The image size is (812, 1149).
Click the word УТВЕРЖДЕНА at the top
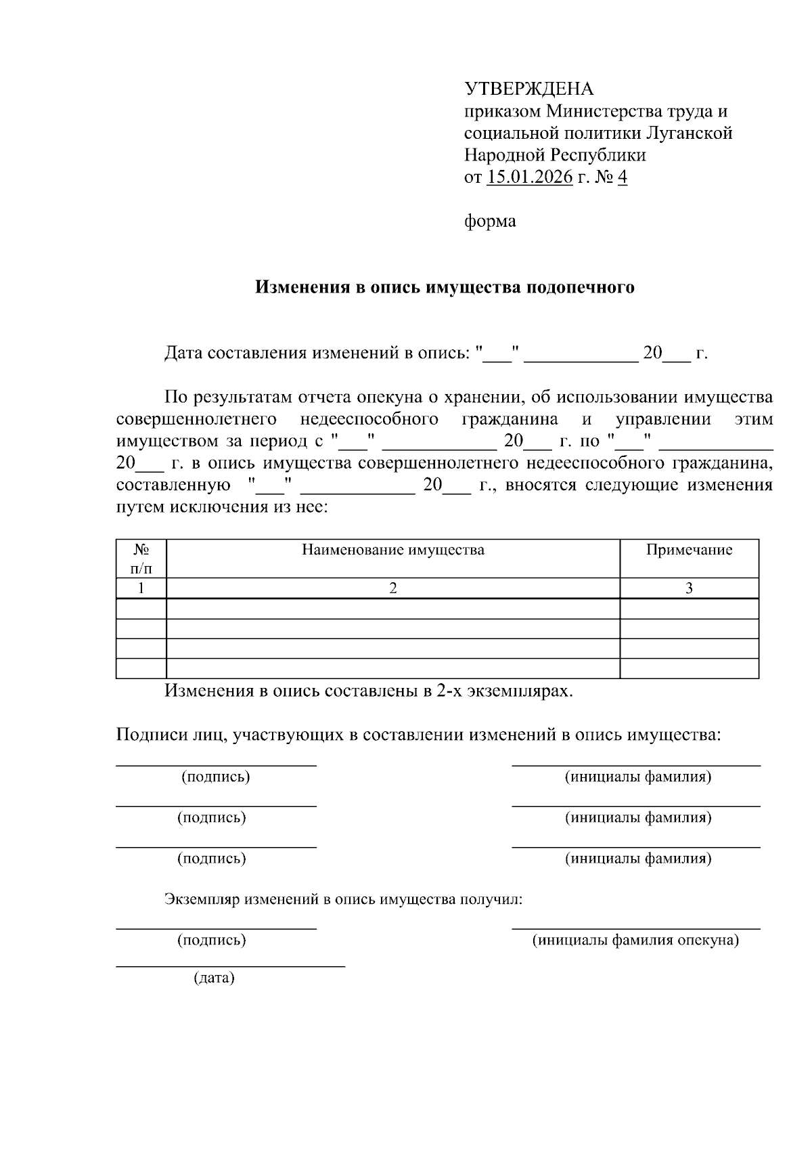(x=528, y=89)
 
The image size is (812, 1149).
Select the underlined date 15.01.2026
(x=530, y=177)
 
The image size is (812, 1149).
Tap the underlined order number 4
(x=623, y=177)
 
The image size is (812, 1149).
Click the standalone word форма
(x=490, y=221)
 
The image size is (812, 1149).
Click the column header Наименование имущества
(x=392, y=549)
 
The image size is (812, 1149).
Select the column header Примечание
(x=689, y=549)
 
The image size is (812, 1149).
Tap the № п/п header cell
(x=141, y=559)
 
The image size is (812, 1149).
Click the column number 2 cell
(x=392, y=588)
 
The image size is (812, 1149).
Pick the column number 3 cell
(x=689, y=588)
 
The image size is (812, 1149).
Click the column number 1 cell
(x=141, y=588)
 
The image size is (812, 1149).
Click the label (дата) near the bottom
(x=214, y=978)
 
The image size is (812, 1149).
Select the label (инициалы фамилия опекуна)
(x=635, y=940)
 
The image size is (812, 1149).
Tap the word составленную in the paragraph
(x=170, y=485)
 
